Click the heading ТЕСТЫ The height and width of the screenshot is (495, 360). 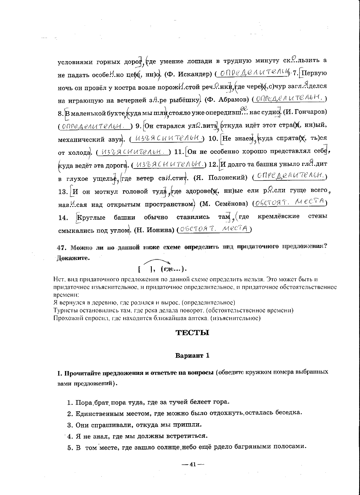pyautogui.click(x=192, y=333)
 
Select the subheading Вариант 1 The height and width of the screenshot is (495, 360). pyautogui.click(x=192, y=355)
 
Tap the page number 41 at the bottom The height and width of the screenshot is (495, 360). pyautogui.click(x=192, y=465)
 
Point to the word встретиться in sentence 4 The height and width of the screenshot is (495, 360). pyautogui.click(x=186, y=436)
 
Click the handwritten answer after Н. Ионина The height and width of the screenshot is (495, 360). pyautogui.click(x=214, y=230)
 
